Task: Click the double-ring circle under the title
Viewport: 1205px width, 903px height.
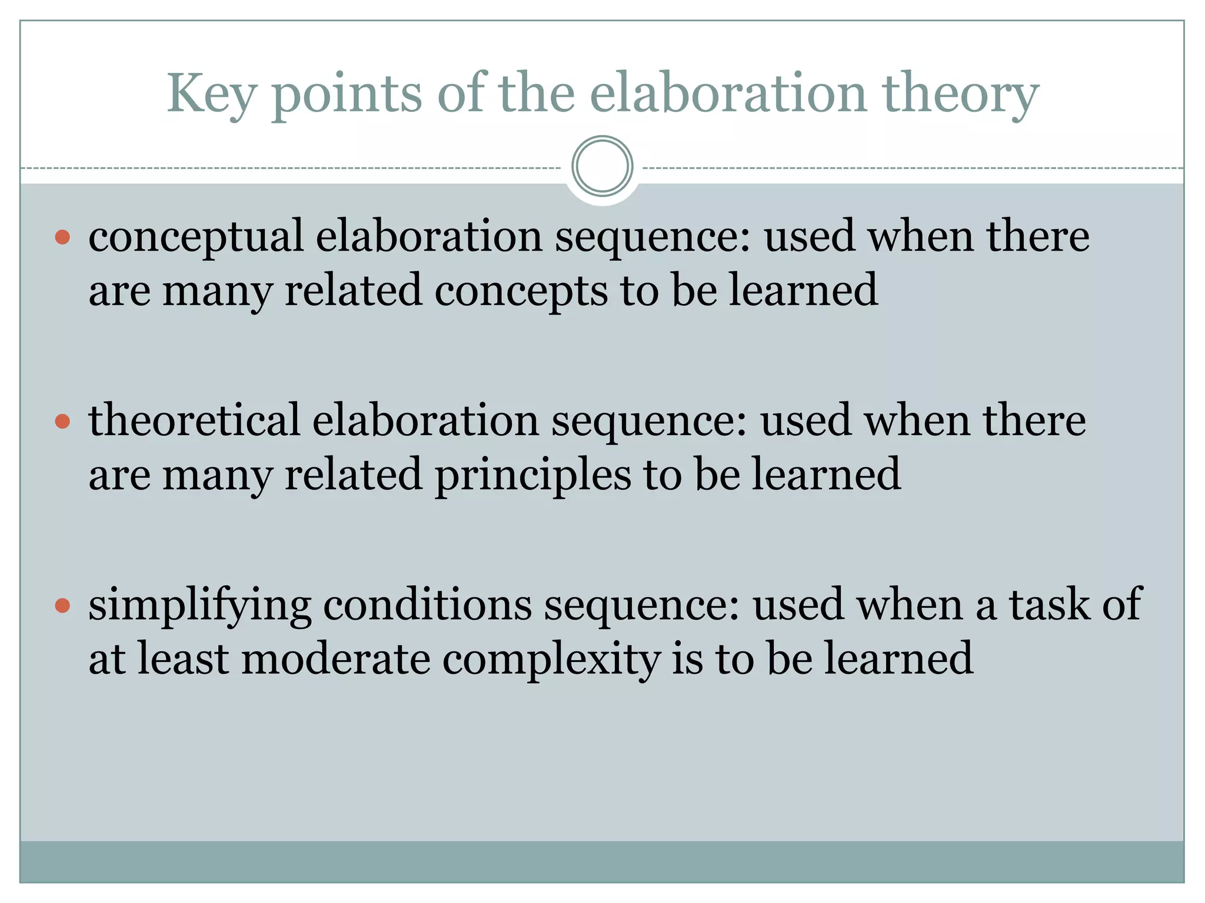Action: pos(602,166)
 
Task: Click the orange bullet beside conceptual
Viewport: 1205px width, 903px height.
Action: pos(62,238)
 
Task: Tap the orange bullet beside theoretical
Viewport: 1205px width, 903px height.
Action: pos(62,422)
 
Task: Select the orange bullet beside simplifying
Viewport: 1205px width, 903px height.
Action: pos(62,606)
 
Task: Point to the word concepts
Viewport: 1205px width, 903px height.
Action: pos(521,290)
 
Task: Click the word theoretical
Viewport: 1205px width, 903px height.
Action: pos(194,420)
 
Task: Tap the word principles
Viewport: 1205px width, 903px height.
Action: pos(532,474)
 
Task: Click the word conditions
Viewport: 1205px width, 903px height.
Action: pos(427,604)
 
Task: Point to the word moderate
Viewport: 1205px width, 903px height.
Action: pos(336,658)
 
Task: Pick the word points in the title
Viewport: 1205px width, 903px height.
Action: pos(347,94)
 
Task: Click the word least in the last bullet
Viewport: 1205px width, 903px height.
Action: pos(183,658)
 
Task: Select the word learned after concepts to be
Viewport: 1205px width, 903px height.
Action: pos(804,290)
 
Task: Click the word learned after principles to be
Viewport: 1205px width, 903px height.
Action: pos(827,474)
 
